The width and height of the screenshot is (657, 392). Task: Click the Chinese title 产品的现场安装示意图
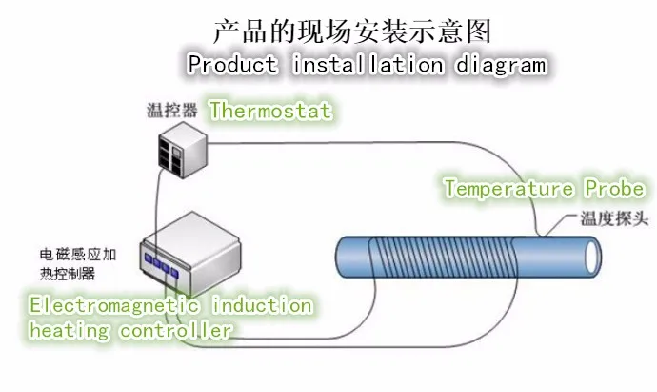click(x=352, y=31)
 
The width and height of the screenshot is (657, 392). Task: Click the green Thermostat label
click(x=270, y=111)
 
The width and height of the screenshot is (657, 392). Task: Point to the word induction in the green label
click(x=260, y=306)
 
